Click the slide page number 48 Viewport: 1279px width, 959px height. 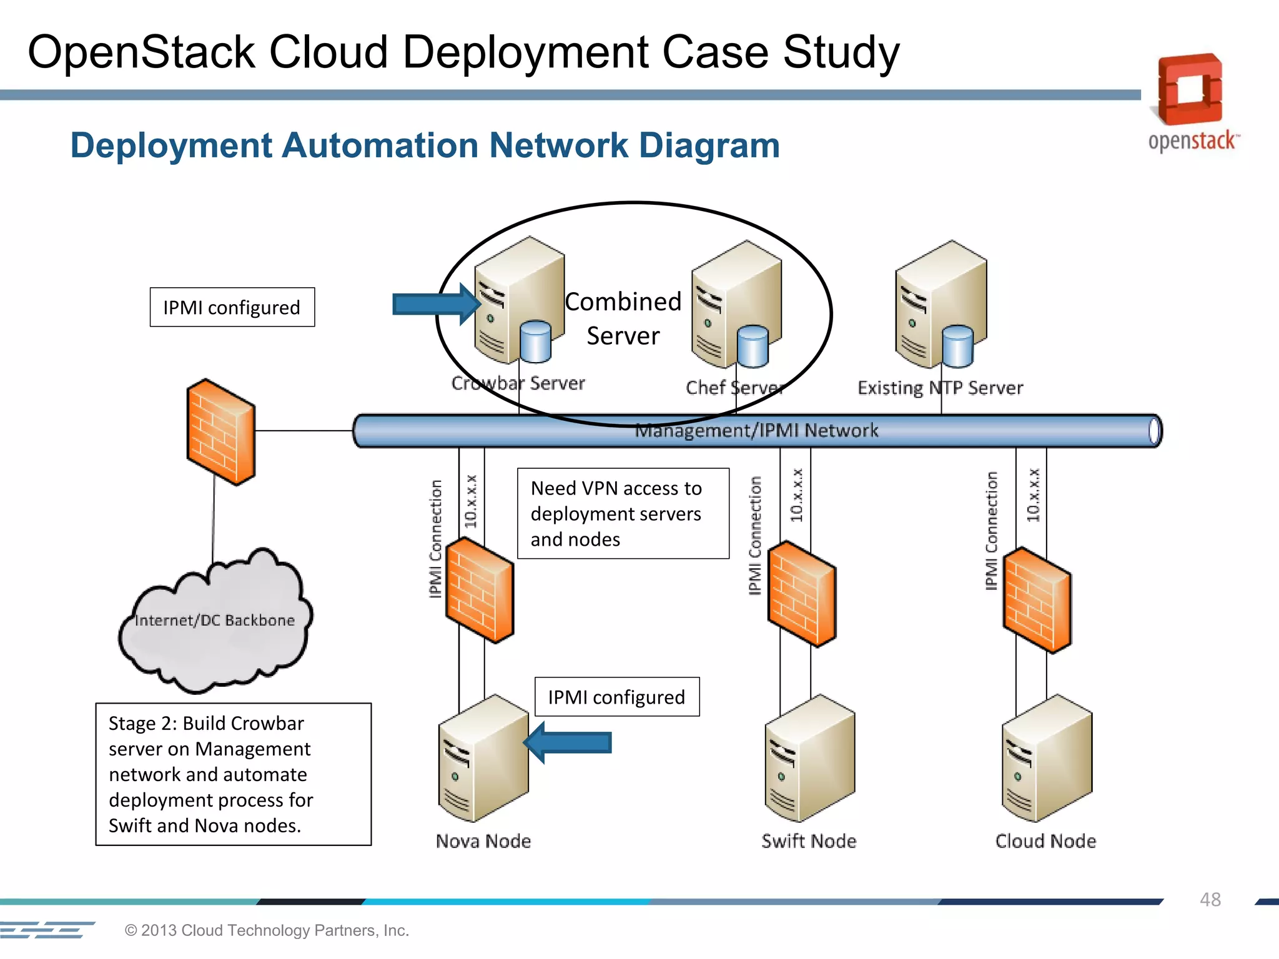pos(1210,899)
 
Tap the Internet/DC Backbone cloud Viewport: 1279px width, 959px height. pos(215,624)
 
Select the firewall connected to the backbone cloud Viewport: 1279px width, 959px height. pos(221,431)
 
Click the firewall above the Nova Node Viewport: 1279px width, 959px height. pos(480,590)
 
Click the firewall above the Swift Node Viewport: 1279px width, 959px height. pos(802,593)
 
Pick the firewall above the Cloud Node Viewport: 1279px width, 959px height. pos(1037,599)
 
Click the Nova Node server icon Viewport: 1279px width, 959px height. pos(483,759)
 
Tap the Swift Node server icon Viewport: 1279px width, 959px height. pos(809,759)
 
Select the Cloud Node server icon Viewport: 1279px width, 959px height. pos(1047,759)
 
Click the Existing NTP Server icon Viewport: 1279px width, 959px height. pos(940,305)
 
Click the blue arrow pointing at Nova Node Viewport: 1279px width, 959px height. pos(567,742)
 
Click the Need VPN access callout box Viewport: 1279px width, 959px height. pos(623,513)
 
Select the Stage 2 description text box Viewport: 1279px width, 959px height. pos(233,774)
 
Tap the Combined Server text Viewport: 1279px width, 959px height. pos(623,318)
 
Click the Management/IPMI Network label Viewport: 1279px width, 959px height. pos(756,430)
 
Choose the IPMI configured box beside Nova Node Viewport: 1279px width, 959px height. pos(616,697)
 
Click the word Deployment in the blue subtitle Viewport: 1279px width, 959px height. pos(171,145)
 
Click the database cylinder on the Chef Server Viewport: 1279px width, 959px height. pos(753,347)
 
